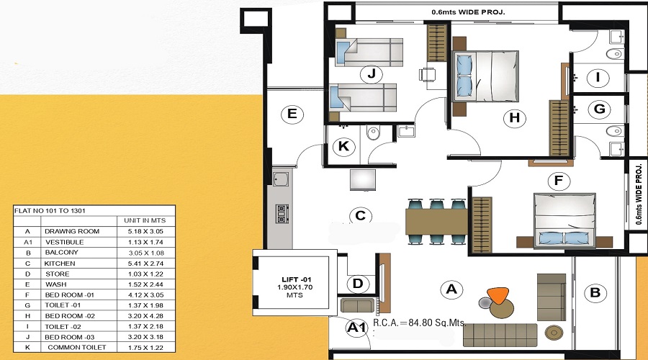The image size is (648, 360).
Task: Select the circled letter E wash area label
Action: click(x=292, y=114)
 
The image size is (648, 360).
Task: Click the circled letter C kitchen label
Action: click(x=361, y=215)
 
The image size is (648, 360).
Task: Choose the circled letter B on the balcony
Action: click(x=595, y=293)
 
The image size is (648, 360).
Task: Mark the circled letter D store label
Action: click(x=358, y=284)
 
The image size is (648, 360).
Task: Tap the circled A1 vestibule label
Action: click(x=356, y=328)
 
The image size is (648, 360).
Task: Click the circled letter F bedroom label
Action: click(x=555, y=180)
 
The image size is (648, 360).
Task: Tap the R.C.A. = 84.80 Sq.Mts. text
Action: click(x=420, y=324)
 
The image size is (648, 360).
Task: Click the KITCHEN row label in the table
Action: click(x=59, y=264)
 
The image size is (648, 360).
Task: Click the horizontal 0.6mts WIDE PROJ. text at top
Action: click(x=468, y=12)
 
